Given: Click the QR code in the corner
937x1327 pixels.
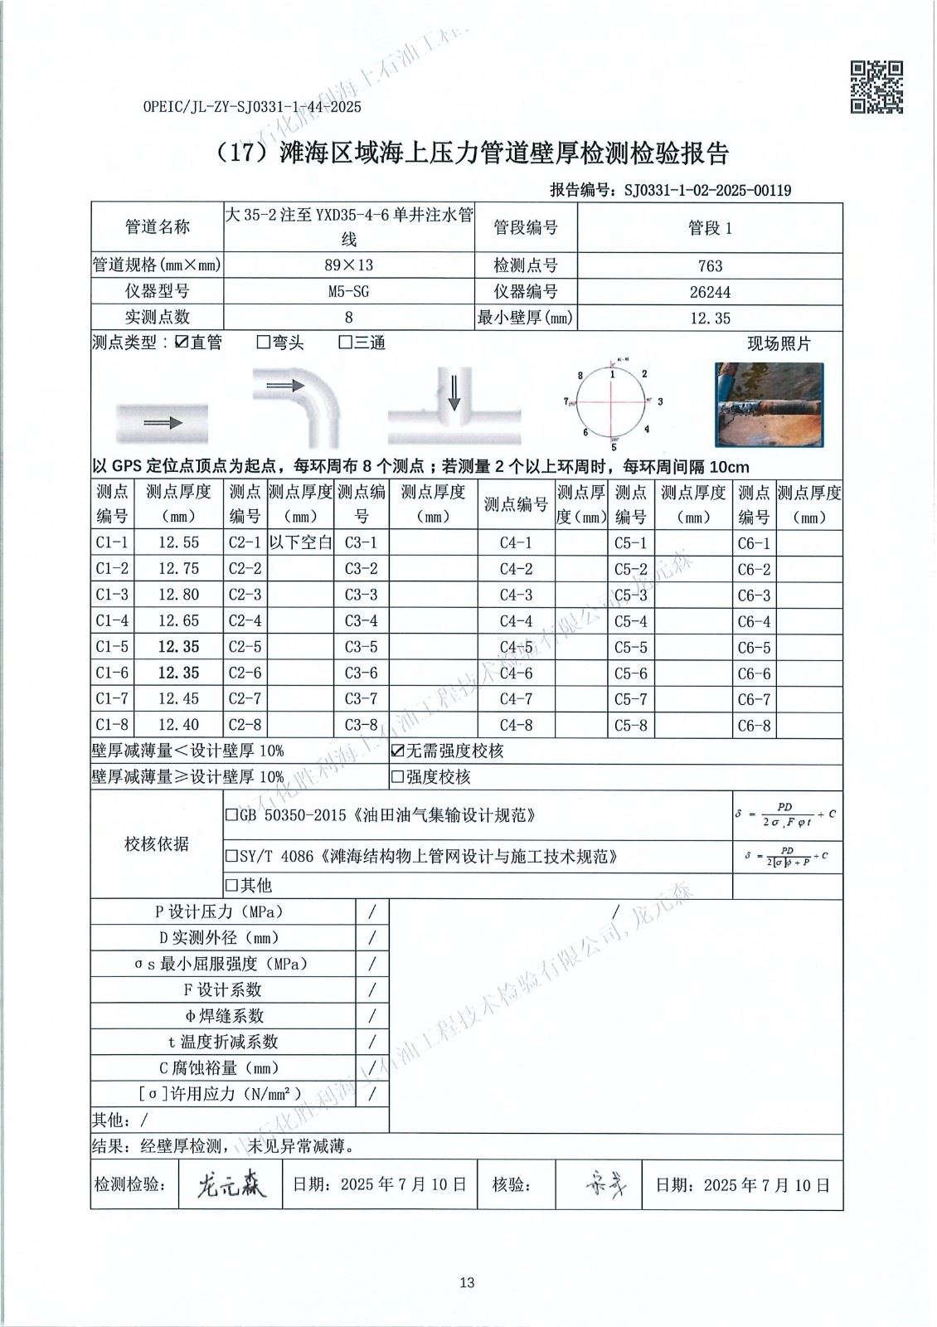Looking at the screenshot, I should coord(877,86).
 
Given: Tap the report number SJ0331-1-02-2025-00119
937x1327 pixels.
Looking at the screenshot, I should coord(706,191).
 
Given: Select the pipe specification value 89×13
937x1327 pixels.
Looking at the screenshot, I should coord(348,265).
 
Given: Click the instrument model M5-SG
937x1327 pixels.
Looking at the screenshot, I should coord(348,291).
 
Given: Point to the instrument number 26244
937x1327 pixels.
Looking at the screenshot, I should coord(710,292).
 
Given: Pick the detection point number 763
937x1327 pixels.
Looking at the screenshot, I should coord(710,266).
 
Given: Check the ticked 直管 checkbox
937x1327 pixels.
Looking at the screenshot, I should coord(182,343).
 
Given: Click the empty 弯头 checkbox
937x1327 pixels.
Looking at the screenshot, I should coord(264,343).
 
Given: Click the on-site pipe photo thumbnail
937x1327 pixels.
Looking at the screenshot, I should coord(769,405).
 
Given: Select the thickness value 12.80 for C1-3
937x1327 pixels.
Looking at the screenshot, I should coord(178,595).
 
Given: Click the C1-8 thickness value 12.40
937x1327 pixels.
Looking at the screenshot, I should coord(178,725).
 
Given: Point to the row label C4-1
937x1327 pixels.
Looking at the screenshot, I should coord(516,543).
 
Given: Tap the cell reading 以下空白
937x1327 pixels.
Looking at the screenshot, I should coord(300,543).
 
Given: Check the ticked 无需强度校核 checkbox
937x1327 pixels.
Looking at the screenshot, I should coord(397,751).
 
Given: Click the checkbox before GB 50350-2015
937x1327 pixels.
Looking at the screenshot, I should coord(232,815).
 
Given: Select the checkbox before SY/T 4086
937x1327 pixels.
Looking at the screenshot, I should coord(232,856).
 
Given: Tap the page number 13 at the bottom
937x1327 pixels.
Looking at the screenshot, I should coord(467,1283).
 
